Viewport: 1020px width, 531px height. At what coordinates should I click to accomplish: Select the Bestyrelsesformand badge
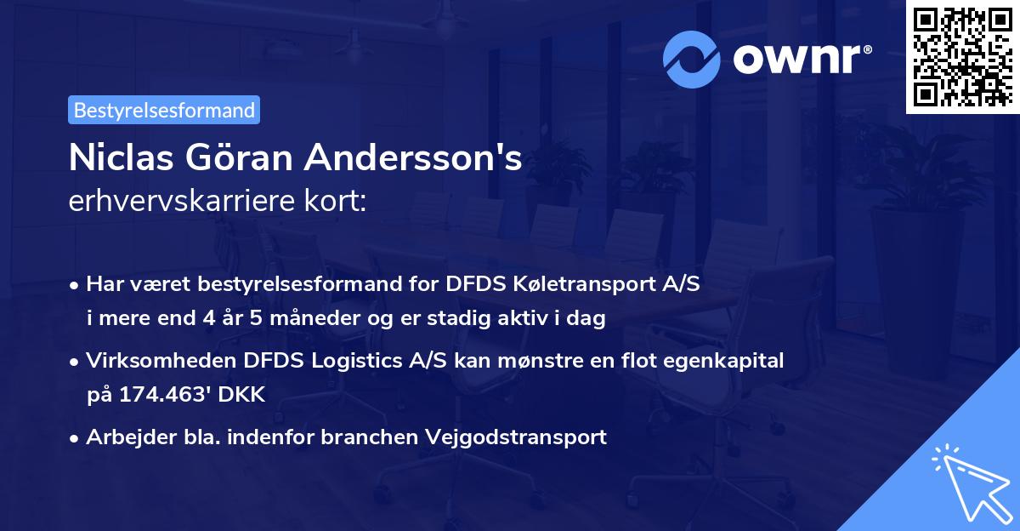[x=164, y=110]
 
